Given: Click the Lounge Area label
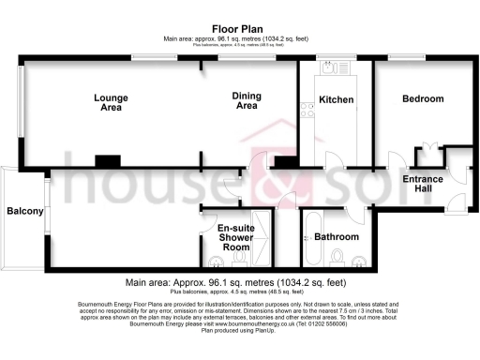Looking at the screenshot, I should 111,102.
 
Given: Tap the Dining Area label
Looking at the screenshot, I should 247,100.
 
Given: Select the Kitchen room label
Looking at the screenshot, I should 335,99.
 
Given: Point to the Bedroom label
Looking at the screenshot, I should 423,98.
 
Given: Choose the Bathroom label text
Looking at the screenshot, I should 337,237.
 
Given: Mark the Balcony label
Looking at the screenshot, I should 25,212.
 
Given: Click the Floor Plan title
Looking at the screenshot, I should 239,29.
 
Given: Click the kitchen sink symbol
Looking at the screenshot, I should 329,67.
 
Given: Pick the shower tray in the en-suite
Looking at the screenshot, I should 263,238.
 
